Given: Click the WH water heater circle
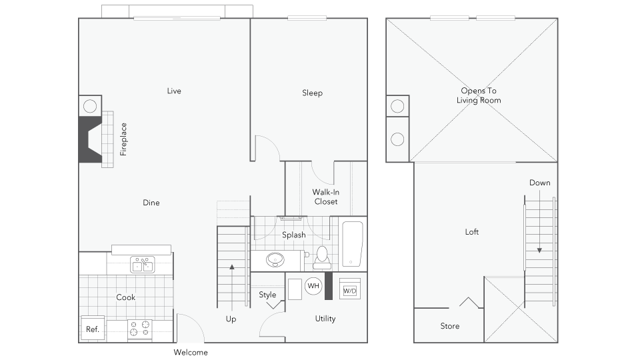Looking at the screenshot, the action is click(x=313, y=286).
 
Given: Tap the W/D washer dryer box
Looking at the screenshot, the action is click(x=350, y=290).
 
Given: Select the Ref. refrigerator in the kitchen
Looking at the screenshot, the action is click(x=93, y=329).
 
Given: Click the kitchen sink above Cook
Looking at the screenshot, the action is click(x=143, y=265).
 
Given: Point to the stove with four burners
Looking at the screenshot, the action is click(x=140, y=329).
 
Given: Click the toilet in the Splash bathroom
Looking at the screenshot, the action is click(x=322, y=258).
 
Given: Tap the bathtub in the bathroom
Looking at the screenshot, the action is click(x=353, y=244).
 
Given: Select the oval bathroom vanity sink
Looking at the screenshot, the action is click(x=275, y=259).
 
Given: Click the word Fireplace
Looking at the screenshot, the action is click(x=123, y=139).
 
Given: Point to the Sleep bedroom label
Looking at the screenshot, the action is click(x=312, y=93).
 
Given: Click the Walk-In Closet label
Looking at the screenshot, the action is click(x=326, y=197).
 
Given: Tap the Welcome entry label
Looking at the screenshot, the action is click(x=191, y=352).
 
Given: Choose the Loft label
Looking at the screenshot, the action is click(x=472, y=232).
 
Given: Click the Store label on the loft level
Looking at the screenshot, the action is click(x=450, y=326).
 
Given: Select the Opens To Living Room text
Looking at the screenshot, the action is click(x=479, y=95).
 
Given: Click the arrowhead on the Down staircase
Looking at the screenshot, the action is click(x=539, y=251).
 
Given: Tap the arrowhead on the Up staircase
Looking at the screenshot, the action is click(x=232, y=267).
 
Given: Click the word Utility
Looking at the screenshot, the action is click(x=325, y=319).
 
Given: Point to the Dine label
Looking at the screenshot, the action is click(x=151, y=203).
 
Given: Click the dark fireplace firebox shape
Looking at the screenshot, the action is click(x=89, y=139).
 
